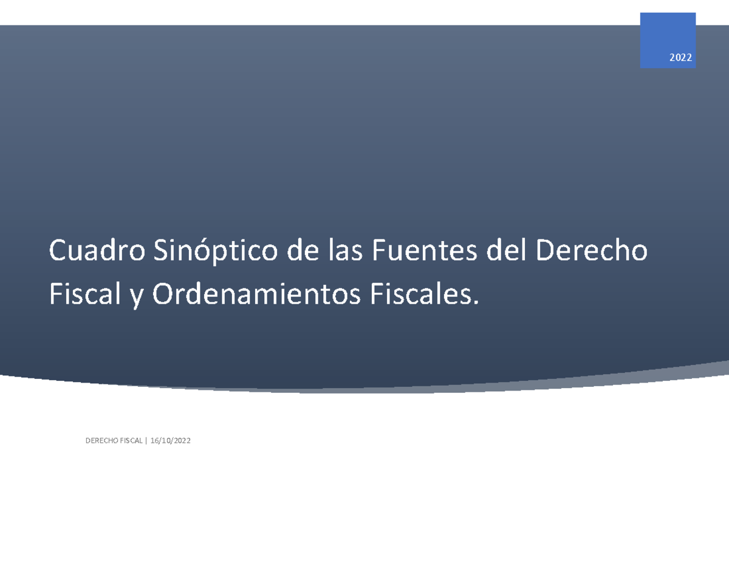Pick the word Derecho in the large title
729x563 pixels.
(592, 250)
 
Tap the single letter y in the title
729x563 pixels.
(135, 298)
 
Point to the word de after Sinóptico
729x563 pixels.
(301, 250)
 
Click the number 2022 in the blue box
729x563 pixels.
(680, 58)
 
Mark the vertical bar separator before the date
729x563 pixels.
(146, 441)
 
